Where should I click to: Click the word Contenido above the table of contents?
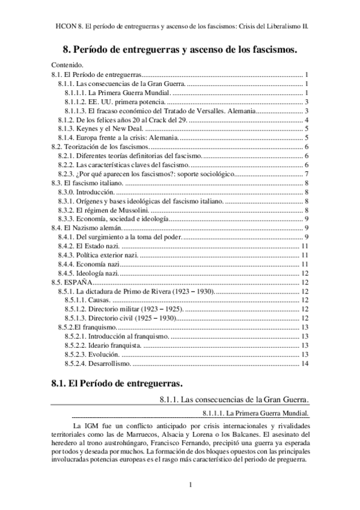pos(67,64)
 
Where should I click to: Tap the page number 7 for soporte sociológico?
pos(307,174)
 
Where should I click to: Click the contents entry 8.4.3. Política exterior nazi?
pos(99,255)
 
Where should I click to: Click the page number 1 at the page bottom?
pos(190,485)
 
